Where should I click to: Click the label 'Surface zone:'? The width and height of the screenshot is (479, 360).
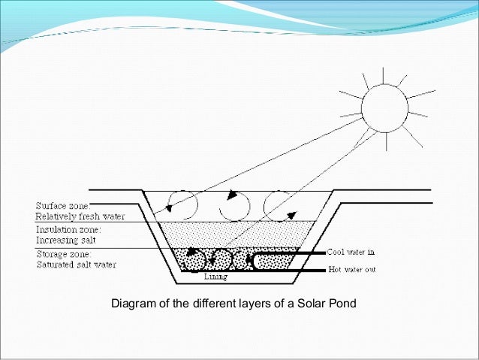click(x=61, y=204)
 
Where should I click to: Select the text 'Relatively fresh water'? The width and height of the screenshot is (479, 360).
click(x=72, y=213)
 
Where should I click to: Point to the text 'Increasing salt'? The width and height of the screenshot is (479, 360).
click(x=65, y=239)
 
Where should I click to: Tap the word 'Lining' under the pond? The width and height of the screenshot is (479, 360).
click(x=215, y=276)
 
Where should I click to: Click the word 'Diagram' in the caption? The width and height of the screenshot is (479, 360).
click(x=131, y=304)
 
